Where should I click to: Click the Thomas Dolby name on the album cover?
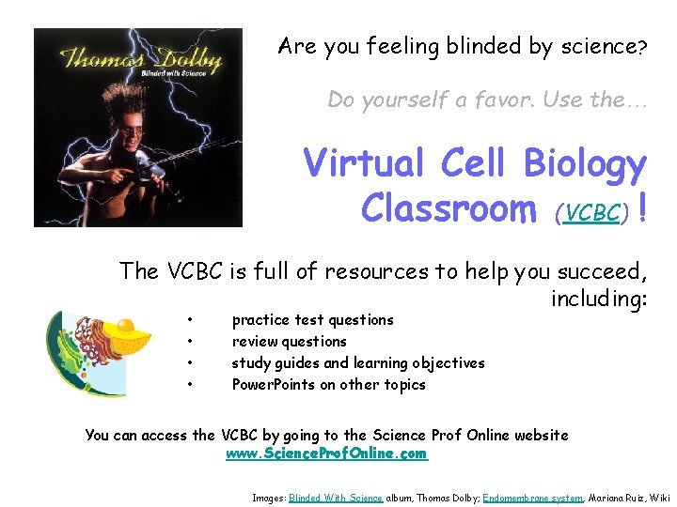(139, 58)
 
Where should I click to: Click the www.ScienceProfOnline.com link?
(326, 453)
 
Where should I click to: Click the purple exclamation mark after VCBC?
(641, 207)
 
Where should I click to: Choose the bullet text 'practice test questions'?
(312, 320)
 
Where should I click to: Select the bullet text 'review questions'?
(289, 342)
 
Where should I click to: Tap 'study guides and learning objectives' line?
(358, 363)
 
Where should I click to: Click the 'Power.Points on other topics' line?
(328, 385)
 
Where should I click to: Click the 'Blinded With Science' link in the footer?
(336, 498)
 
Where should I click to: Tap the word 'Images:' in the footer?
(269, 498)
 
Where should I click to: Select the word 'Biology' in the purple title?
(584, 164)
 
